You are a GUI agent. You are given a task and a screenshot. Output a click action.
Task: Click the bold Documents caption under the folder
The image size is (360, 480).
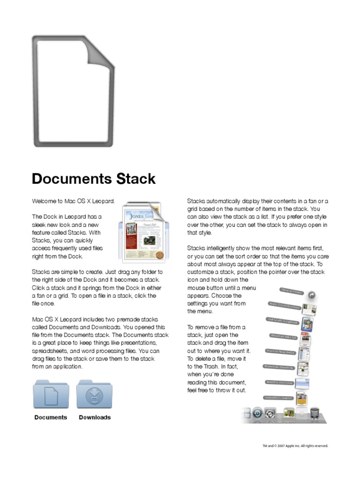51,417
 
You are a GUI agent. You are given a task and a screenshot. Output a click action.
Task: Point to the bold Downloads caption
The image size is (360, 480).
95,417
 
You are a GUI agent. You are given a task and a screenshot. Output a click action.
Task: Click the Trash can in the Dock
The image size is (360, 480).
315,413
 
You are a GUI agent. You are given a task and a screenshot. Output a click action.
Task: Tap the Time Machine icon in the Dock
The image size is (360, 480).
257,413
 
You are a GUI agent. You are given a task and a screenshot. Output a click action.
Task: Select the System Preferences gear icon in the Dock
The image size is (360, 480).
270,413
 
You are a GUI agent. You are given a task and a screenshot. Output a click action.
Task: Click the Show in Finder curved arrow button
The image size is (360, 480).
311,295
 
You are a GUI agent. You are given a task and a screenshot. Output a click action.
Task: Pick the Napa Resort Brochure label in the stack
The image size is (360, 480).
284,305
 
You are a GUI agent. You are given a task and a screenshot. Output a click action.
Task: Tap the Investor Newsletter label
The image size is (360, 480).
281,351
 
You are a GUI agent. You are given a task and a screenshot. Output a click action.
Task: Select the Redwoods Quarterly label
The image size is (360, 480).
279,367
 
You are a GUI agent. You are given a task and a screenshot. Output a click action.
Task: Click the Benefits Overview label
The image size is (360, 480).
279,382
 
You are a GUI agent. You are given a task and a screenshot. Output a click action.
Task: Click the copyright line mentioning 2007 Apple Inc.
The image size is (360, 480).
295,446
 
